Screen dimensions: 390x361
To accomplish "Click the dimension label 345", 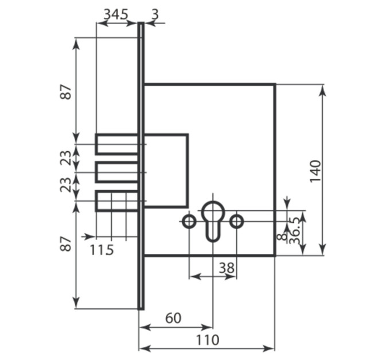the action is click(116, 14).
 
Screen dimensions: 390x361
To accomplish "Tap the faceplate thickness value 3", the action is click(155, 14).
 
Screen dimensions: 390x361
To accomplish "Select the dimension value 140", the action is click(315, 171).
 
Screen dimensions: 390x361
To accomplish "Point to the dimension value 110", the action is click(208, 340).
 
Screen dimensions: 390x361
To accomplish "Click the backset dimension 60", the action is click(173, 318).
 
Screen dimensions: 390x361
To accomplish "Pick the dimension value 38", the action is click(227, 268).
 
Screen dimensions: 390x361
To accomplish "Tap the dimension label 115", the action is click(102, 250).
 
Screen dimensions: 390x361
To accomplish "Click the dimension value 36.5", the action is click(295, 230).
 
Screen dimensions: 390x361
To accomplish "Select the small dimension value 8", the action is click(282, 237).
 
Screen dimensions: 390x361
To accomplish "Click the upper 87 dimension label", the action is click(66, 92).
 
